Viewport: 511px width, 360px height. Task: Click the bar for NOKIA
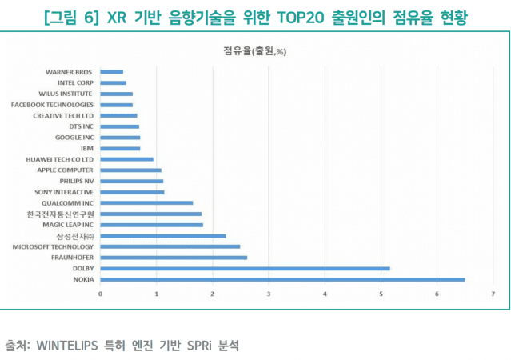(x=282, y=279)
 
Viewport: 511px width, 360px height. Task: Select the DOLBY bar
(x=245, y=269)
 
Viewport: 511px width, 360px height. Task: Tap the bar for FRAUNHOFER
(x=174, y=258)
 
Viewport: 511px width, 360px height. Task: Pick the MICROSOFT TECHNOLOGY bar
(x=170, y=246)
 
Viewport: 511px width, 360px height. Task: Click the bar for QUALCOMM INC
(x=146, y=203)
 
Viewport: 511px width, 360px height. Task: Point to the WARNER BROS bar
(x=112, y=72)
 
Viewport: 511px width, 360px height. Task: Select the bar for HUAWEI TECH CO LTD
(x=126, y=159)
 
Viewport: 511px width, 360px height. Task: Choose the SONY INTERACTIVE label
(x=64, y=192)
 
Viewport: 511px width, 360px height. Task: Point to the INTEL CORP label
(x=76, y=82)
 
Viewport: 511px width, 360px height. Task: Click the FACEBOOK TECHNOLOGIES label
(x=52, y=105)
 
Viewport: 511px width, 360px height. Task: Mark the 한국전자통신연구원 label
(x=60, y=214)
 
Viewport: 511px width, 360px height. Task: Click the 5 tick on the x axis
(x=381, y=294)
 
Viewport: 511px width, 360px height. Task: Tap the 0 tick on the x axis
(x=100, y=294)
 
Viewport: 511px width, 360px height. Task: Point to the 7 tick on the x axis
(x=493, y=294)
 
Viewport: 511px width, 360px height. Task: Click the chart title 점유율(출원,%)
(x=256, y=51)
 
